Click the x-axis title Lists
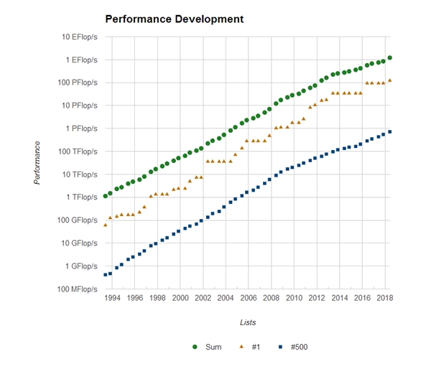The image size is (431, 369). pyautogui.click(x=249, y=323)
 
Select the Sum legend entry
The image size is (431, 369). pyautogui.click(x=208, y=347)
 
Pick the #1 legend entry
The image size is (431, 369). pyautogui.click(x=249, y=347)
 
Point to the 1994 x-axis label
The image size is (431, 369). pyautogui.click(x=111, y=297)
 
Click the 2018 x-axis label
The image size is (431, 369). pyautogui.click(x=384, y=297)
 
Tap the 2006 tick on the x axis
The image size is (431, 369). pyautogui.click(x=248, y=297)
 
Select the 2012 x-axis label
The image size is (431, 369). pyautogui.click(x=316, y=297)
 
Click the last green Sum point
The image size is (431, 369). pyautogui.click(x=389, y=57)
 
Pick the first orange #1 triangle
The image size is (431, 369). pyautogui.click(x=106, y=225)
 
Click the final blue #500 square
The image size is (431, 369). pyautogui.click(x=389, y=131)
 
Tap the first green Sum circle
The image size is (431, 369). pyautogui.click(x=106, y=196)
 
